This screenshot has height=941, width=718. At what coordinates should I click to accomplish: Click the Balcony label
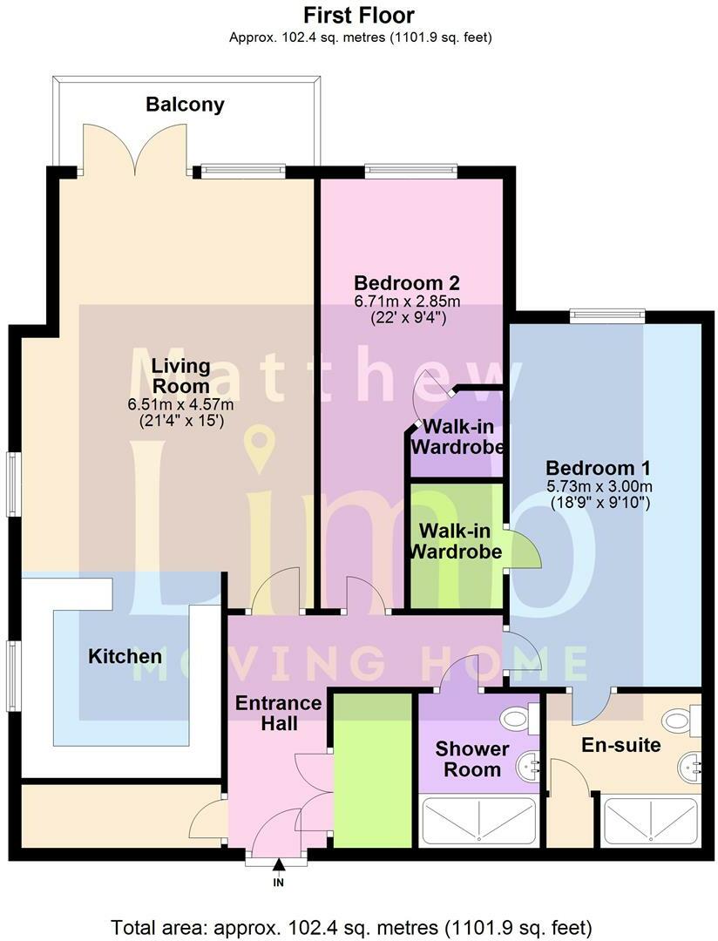click(x=185, y=105)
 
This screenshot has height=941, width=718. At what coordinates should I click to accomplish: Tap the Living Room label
click(x=181, y=376)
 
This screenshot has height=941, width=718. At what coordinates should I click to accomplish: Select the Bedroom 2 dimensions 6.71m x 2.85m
click(x=407, y=301)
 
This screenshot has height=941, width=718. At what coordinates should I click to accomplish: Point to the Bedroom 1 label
click(x=598, y=468)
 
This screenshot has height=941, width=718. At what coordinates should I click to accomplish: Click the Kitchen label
click(x=125, y=656)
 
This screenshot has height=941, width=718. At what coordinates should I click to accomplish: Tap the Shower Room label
click(x=472, y=758)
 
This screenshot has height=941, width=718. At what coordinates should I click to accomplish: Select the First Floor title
click(x=358, y=15)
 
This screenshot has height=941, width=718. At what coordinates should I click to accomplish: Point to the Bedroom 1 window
click(x=607, y=316)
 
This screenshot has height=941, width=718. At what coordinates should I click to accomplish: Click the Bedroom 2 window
click(x=412, y=171)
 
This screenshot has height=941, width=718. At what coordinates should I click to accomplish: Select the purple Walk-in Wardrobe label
click(x=457, y=437)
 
